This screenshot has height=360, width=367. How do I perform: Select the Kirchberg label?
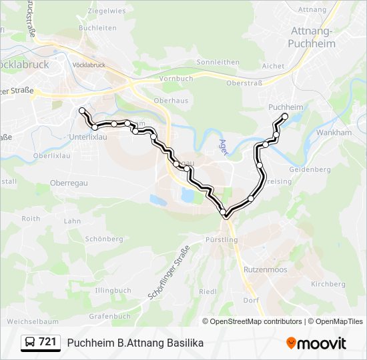click(328, 283)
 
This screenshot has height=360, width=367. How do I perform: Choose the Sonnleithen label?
click(218, 62)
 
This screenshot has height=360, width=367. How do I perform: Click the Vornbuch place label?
click(176, 78)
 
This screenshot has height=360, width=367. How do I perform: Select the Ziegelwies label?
click(107, 11)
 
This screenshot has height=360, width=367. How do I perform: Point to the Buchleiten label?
click(97, 28)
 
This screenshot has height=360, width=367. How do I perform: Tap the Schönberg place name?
click(105, 239)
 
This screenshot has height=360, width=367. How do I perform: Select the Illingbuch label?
click(113, 291)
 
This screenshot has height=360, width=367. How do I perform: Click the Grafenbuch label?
click(109, 316)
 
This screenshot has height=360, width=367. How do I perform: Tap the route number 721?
click(47, 342)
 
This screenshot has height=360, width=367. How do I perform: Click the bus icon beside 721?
click(30, 343)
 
